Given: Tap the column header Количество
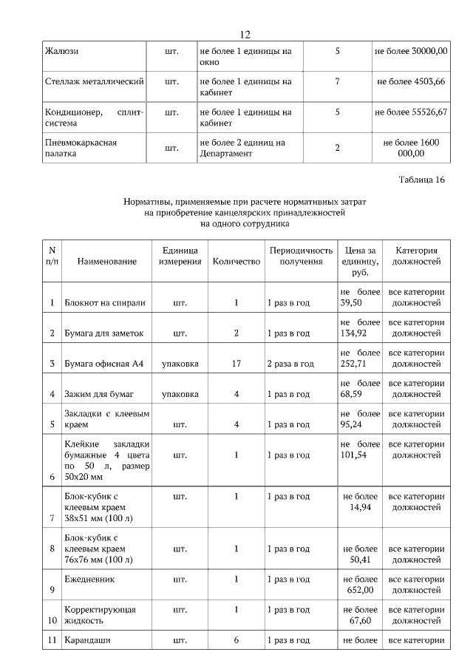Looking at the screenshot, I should (x=236, y=262).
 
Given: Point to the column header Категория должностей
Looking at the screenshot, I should (x=417, y=256).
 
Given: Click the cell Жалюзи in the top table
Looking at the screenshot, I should (x=62, y=52).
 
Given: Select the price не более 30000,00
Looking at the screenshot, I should (x=411, y=52).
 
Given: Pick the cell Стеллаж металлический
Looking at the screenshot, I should (x=94, y=81).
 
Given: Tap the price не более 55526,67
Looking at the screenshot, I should (x=411, y=112).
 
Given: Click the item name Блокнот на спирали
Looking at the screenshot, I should (x=104, y=302).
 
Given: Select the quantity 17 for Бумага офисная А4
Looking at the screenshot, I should (x=236, y=364).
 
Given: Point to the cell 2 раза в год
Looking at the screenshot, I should (x=290, y=364).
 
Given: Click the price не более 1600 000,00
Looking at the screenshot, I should (x=411, y=147).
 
